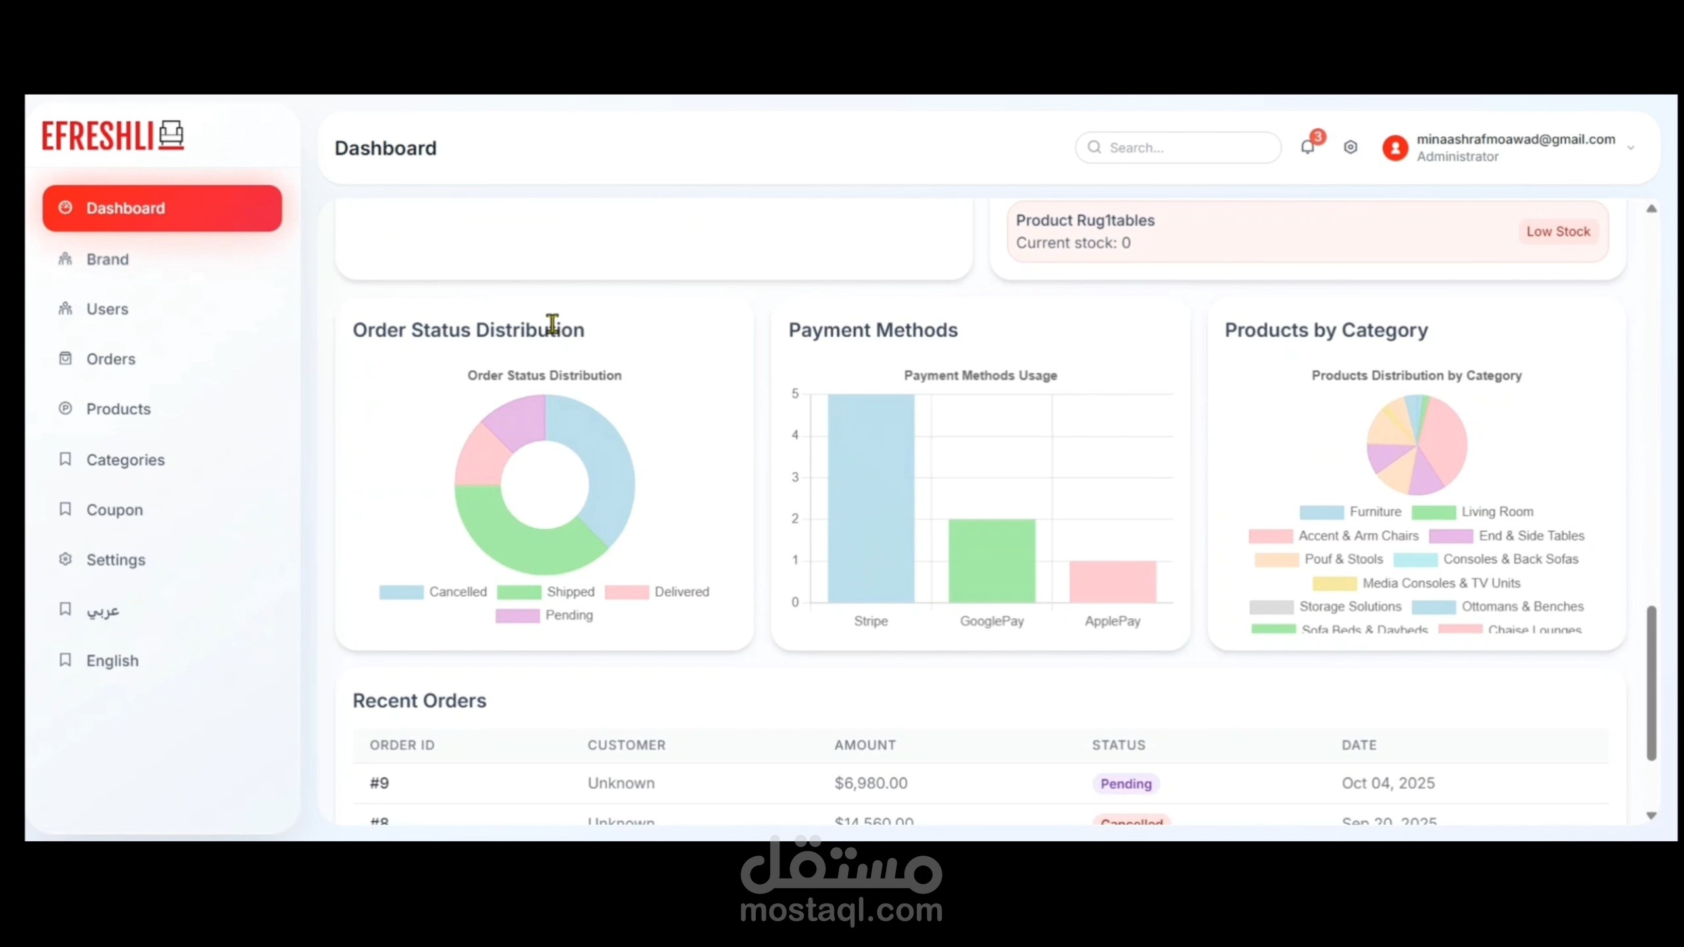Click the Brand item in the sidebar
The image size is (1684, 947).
pyautogui.click(x=107, y=259)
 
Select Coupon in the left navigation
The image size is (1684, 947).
pyautogui.click(x=114, y=510)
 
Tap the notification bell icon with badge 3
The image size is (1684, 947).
pyautogui.click(x=1308, y=147)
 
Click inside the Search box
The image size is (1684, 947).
pyautogui.click(x=1184, y=147)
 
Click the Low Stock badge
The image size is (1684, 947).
pyautogui.click(x=1558, y=231)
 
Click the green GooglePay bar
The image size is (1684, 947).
pyautogui.click(x=991, y=560)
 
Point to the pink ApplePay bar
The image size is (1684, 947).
pyautogui.click(x=1112, y=581)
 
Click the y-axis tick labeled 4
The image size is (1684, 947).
pyautogui.click(x=795, y=435)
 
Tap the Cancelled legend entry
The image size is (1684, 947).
pyautogui.click(x=434, y=592)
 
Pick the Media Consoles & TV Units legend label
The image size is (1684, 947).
pyautogui.click(x=1441, y=583)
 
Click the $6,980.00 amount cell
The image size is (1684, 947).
pyautogui.click(x=871, y=783)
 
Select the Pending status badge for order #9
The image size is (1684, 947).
pyautogui.click(x=1126, y=784)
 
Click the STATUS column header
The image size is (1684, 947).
pyautogui.click(x=1118, y=745)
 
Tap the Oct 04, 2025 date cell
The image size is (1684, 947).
pyautogui.click(x=1388, y=783)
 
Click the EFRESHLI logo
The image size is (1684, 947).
pyautogui.click(x=112, y=135)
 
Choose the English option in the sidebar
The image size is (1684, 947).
pyautogui.click(x=112, y=661)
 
